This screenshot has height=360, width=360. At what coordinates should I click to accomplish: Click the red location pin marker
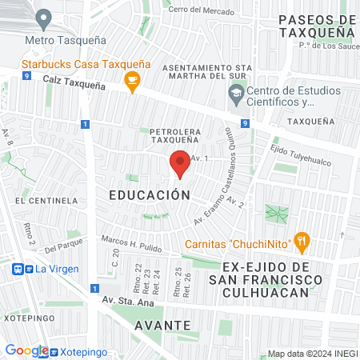point(180,164)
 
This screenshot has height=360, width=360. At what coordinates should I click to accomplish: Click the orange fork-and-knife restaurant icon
point(301,239)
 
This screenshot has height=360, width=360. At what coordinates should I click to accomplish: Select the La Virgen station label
point(58,269)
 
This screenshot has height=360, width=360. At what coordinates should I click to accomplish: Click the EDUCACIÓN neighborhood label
point(150,194)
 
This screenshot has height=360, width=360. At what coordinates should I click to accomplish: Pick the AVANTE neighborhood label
point(162,326)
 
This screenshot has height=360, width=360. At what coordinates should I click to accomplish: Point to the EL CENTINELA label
point(45,200)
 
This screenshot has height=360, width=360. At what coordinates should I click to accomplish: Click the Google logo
point(26,350)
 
